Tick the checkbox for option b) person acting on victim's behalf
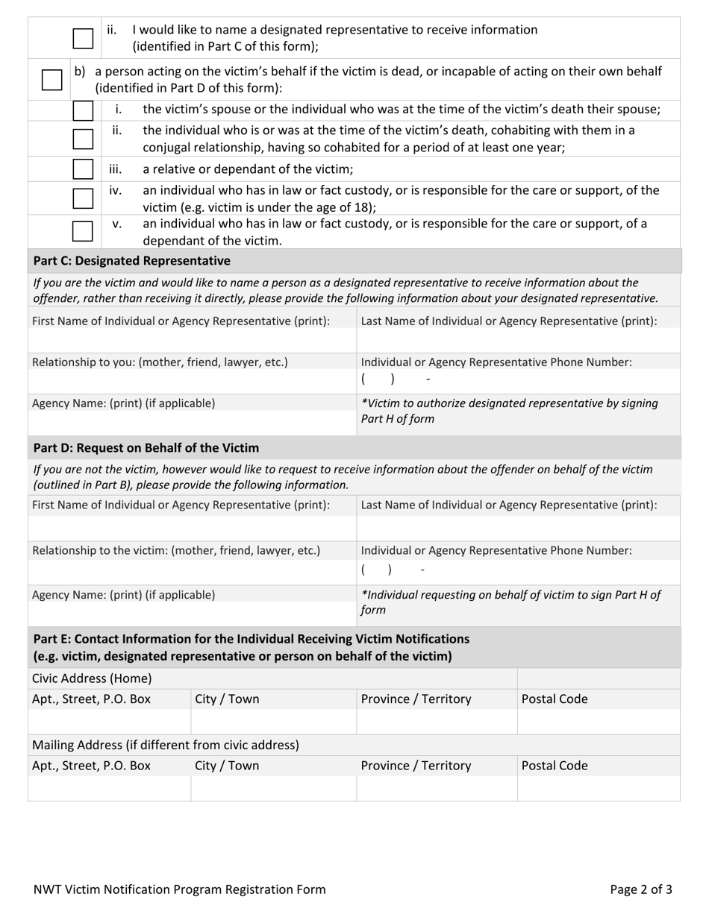pyautogui.click(x=51, y=79)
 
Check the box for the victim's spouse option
pyautogui.click(x=83, y=110)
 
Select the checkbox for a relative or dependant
pyautogui.click(x=83, y=168)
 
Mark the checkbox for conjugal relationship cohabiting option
pyautogui.click(x=83, y=139)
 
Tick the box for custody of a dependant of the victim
pyautogui.click(x=83, y=231)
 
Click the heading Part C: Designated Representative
pyautogui.click(x=132, y=261)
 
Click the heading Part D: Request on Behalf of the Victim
pyautogui.click(x=146, y=448)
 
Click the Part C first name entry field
pyautogui.click(x=192, y=341)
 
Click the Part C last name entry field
pyautogui.click(x=518, y=341)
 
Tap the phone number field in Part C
pyautogui.click(x=518, y=379)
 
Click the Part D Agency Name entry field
pyautogui.click(x=192, y=613)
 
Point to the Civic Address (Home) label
pyautogui.click(x=92, y=678)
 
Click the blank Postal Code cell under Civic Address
pyautogui.click(x=598, y=721)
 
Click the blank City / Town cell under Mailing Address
pyautogui.click(x=273, y=788)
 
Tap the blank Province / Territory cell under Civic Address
pyautogui.click(x=437, y=721)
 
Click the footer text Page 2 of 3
pyautogui.click(x=640, y=889)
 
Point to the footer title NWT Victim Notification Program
pyautogui.click(x=179, y=889)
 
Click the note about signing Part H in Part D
pyautogui.click(x=510, y=602)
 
